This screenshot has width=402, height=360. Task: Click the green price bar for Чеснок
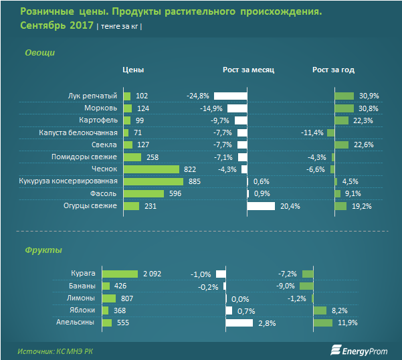click(151, 169)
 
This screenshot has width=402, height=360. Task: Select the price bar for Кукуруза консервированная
click(153, 181)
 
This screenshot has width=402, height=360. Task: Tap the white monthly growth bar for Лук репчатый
click(230, 96)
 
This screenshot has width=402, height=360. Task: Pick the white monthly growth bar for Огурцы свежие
click(261, 206)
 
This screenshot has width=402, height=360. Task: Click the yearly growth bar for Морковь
click(344, 108)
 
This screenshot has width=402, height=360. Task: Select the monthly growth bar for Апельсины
click(239, 323)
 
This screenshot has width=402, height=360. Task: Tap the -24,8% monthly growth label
click(198, 96)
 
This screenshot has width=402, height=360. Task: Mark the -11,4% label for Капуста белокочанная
click(312, 132)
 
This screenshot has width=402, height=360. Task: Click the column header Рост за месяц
click(248, 70)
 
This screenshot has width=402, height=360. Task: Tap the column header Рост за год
click(333, 70)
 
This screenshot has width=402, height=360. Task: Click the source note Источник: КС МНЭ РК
click(56, 350)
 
